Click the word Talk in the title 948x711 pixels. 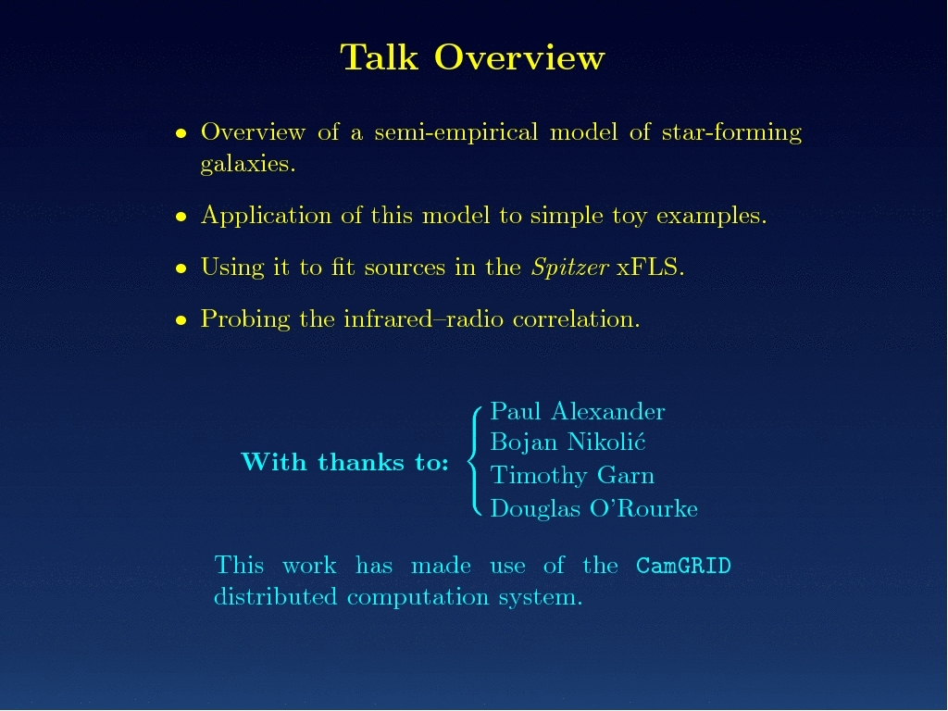pos(379,57)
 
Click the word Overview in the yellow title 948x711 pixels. pos(519,57)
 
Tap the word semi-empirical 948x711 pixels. pos(455,132)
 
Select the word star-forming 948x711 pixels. pos(731,132)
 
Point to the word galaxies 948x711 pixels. pos(248,163)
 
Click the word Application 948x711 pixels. pos(266,216)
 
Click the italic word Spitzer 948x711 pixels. pos(569,268)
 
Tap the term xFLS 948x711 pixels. pos(650,268)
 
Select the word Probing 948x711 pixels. pos(245,319)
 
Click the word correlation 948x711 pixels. pos(576,319)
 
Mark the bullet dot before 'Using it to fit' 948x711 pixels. pos(181,268)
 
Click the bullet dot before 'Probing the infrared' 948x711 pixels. pos(181,320)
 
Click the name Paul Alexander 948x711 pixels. pos(578,411)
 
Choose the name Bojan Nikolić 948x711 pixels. pos(568,442)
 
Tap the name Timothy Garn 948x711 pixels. pos(572,475)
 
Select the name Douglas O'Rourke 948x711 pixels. pos(593,508)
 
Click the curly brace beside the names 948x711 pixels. pos(474,461)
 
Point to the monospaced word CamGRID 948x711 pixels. pos(683,566)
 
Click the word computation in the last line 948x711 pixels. pos(418,598)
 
